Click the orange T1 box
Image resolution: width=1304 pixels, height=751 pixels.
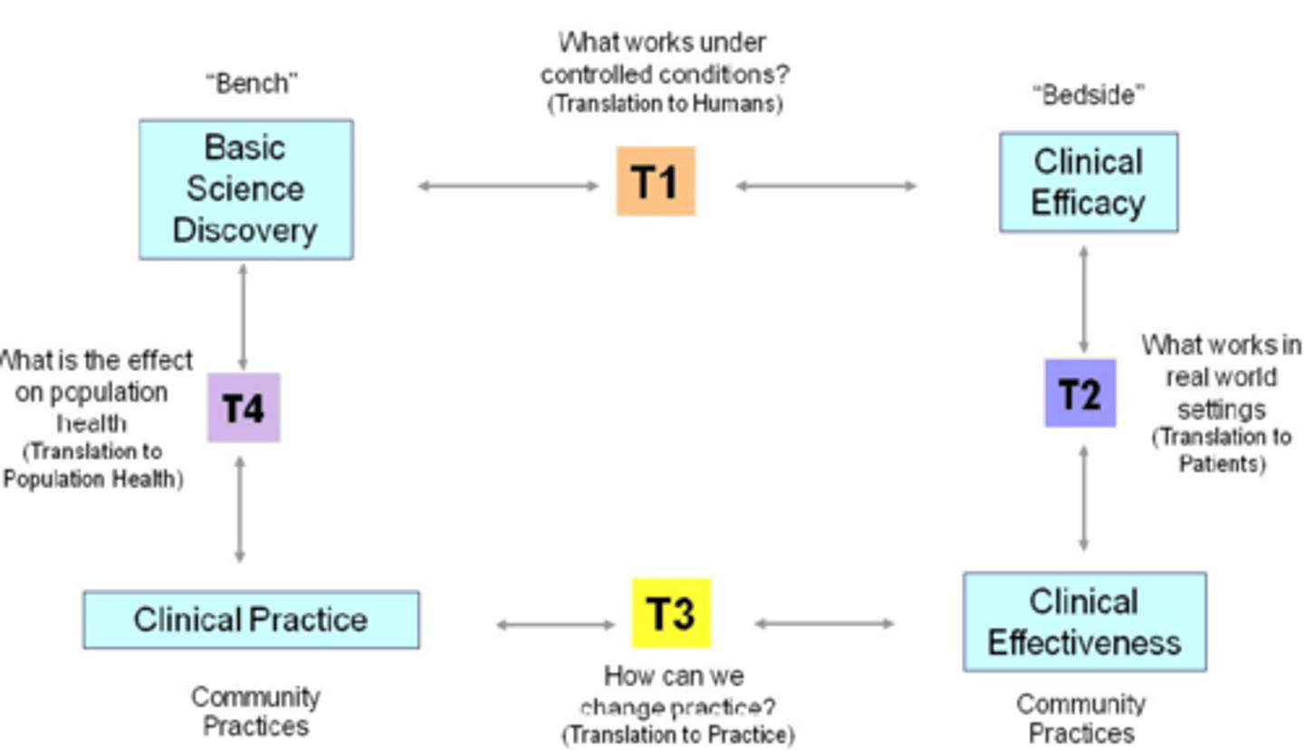656,181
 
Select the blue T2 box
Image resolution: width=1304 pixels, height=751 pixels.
1079,393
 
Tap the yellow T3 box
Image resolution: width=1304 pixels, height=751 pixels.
670,612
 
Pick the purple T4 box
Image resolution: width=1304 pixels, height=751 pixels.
243,408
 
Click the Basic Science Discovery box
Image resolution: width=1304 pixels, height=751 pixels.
245,189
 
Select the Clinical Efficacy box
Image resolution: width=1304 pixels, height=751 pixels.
1088,182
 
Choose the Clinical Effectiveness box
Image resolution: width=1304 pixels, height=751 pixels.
1084,621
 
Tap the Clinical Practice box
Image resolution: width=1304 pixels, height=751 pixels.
251,620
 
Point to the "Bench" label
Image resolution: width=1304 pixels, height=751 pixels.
252,83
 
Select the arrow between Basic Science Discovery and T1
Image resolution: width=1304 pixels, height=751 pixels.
507,187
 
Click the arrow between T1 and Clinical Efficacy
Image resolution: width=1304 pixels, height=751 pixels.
826,187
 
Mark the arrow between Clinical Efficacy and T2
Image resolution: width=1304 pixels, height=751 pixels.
1084,299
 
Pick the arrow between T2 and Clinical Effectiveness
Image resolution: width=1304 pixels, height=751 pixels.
1084,498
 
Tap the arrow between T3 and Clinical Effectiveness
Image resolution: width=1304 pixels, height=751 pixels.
824,623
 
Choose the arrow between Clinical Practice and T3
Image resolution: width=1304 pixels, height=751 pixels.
555,624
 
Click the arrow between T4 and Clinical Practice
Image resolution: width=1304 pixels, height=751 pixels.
240,509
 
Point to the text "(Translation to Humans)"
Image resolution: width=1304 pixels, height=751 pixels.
664,103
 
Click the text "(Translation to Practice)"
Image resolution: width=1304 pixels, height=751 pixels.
677,734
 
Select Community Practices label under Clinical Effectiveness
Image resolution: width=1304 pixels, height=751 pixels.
1080,717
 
